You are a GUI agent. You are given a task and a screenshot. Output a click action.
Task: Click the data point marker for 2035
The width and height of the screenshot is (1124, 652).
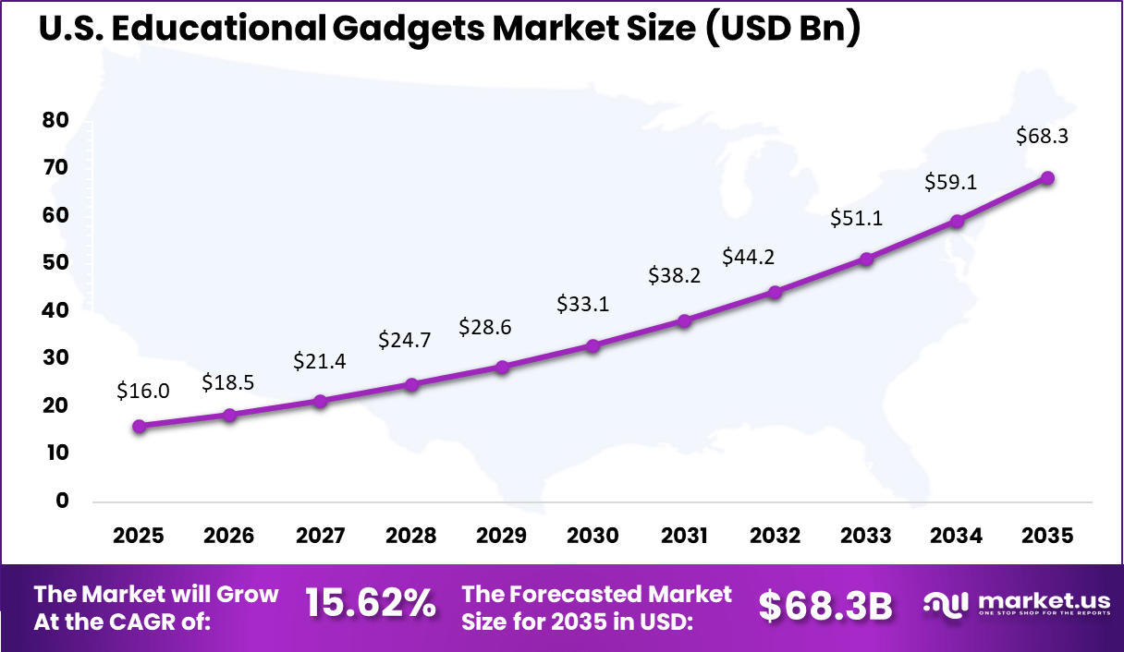[1047, 178]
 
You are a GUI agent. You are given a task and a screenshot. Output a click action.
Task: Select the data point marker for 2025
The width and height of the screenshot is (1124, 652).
[139, 426]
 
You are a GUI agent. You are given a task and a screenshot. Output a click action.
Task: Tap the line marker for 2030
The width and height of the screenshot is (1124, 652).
[593, 345]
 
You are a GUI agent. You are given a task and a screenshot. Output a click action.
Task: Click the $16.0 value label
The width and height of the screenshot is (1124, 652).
[143, 391]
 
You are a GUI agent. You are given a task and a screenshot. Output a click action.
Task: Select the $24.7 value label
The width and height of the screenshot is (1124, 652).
[405, 340]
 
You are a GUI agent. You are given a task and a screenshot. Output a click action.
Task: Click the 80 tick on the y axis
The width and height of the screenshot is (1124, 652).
[55, 120]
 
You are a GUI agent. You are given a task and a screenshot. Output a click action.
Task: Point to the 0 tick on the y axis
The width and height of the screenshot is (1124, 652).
[62, 501]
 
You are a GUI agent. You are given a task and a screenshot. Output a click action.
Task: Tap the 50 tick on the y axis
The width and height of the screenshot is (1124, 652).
[55, 262]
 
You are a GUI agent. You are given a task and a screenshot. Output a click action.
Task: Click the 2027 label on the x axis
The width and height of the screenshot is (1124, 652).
[320, 537]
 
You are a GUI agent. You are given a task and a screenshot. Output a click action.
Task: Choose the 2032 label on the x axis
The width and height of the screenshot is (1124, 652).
[775, 537]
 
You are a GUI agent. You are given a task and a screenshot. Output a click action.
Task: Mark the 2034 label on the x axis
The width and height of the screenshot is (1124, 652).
[957, 537]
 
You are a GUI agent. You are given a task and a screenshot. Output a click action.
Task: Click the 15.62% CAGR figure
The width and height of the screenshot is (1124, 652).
[371, 605]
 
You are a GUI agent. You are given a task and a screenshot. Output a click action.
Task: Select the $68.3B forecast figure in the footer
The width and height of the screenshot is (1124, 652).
[825, 606]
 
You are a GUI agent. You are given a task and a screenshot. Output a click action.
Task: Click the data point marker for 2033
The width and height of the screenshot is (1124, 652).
[865, 260]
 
